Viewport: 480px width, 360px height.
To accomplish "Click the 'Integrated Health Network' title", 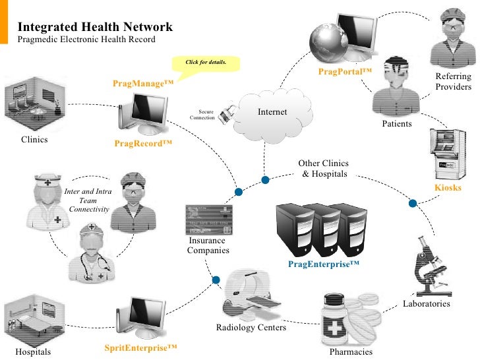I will (x=95, y=27).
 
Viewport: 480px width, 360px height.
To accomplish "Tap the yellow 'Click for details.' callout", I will (x=205, y=62).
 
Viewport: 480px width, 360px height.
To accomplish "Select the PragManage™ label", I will (x=143, y=84).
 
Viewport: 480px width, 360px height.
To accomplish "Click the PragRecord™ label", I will (x=143, y=142).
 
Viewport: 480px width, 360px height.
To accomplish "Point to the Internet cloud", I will (x=271, y=113).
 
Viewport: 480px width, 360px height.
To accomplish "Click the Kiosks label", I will (x=448, y=188).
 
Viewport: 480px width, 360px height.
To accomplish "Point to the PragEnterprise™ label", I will (x=324, y=264).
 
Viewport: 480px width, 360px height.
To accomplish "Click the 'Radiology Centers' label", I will (x=251, y=328).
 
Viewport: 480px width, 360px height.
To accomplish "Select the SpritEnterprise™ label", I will (x=142, y=347).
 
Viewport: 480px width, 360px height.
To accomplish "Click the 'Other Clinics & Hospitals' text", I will (x=323, y=168).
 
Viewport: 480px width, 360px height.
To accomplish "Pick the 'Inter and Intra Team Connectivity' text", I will (x=88, y=200).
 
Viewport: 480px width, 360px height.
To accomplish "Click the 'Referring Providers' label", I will (x=454, y=82).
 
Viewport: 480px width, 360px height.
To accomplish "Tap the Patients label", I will (x=397, y=123).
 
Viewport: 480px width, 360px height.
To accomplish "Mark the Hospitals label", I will (x=33, y=352).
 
